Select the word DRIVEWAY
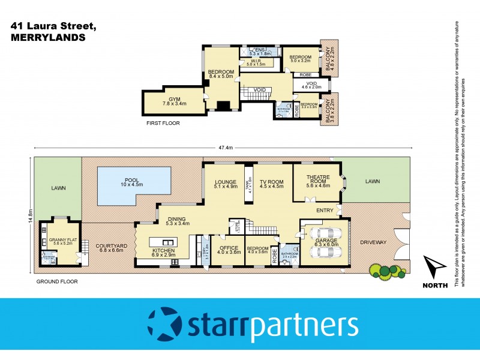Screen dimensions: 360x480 coord(373,242)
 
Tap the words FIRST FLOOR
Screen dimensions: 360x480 coord(163,123)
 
